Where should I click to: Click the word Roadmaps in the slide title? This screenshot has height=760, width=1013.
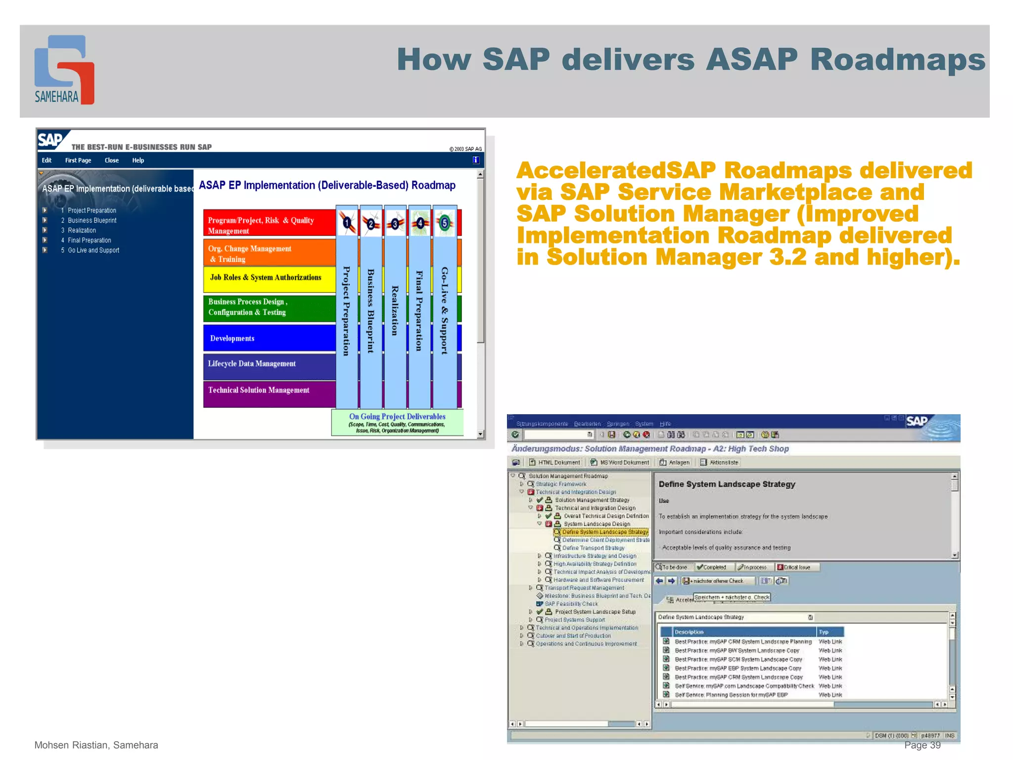[897, 60]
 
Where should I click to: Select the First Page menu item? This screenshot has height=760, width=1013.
[78, 160]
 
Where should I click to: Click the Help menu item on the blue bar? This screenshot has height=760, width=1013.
[138, 160]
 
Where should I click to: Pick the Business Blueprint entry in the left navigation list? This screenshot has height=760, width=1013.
[92, 221]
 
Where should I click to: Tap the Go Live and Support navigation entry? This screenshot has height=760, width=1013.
[93, 250]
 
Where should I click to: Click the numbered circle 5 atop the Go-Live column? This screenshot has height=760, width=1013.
[444, 223]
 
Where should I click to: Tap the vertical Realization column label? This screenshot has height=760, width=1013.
[395, 311]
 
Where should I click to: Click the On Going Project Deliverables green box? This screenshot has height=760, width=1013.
[397, 423]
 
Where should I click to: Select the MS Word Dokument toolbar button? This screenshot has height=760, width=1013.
[620, 463]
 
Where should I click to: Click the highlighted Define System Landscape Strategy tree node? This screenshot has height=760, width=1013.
[604, 532]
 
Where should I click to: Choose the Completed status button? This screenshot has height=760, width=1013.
[712, 568]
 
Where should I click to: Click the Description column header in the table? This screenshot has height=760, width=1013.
[689, 632]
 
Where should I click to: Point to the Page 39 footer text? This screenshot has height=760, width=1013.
[922, 745]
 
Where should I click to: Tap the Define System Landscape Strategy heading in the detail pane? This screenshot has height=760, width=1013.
[727, 484]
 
